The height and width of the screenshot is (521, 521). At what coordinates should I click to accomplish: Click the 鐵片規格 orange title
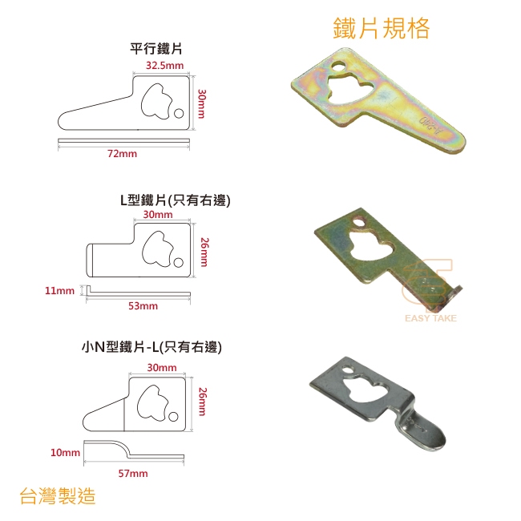tap(381, 28)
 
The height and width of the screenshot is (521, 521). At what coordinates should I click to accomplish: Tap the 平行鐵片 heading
tap(156, 49)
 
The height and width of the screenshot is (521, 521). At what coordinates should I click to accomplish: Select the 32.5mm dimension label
tap(165, 65)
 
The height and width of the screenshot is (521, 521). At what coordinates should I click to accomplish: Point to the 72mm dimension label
tap(122, 154)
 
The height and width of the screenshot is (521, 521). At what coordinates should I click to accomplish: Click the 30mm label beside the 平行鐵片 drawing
tap(201, 103)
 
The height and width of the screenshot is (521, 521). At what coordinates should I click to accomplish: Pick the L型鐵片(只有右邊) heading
tap(175, 200)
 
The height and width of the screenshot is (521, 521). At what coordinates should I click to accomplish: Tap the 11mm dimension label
tap(60, 291)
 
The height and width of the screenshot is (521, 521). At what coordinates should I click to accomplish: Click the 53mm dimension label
tap(143, 305)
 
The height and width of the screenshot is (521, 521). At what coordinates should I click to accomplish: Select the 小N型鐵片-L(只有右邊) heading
tap(151, 347)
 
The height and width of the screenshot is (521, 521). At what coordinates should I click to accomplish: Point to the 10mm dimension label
tap(65, 453)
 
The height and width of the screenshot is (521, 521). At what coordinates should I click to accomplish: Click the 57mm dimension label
tap(133, 473)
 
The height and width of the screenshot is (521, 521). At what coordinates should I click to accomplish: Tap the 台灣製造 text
tap(58, 496)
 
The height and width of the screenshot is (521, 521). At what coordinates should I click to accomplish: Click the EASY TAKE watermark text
tap(430, 318)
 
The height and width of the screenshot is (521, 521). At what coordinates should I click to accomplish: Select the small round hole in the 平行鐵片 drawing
tap(179, 113)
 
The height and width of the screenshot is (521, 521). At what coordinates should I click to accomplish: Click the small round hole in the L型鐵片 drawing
tap(179, 262)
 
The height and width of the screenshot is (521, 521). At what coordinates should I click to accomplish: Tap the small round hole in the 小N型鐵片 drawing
tap(173, 416)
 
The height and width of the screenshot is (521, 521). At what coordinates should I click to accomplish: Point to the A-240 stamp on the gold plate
tap(432, 126)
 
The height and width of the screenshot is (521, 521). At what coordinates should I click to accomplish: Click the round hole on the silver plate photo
tap(348, 370)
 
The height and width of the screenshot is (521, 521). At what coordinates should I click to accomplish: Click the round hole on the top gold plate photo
tap(339, 66)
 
